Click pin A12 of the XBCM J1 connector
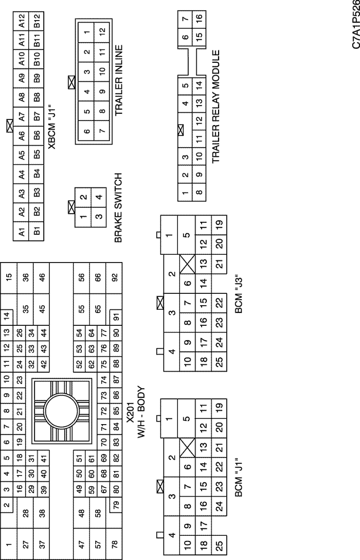tap(22, 21)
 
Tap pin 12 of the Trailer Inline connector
tap(102, 31)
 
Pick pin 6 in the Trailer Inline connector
tap(87, 131)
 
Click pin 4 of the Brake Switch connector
tap(98, 197)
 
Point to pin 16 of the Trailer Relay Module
tap(199, 17)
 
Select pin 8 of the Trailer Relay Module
tap(199, 192)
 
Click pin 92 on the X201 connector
tap(114, 278)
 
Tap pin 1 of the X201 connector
tap(9, 544)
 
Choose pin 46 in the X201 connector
tap(41, 278)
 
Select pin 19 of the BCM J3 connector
tap(219, 224)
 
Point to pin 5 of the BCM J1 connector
tap(186, 418)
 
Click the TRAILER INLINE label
tap(119, 80)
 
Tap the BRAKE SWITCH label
tap(119, 207)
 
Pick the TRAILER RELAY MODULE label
tap(216, 107)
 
